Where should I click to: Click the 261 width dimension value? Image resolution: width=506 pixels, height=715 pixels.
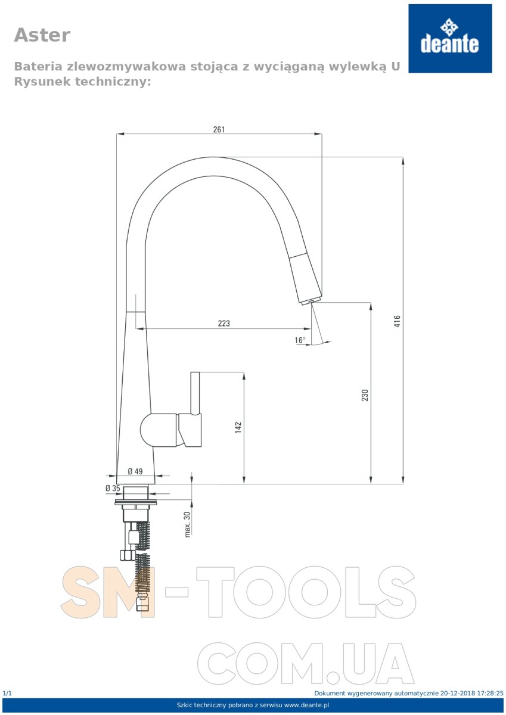coord(219,129)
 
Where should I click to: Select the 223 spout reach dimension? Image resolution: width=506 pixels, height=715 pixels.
coord(223,324)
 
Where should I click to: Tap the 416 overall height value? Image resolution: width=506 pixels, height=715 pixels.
coord(397,321)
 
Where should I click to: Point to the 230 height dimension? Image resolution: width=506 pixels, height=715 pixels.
coord(365,395)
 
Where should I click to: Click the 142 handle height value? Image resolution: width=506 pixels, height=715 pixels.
coord(238,427)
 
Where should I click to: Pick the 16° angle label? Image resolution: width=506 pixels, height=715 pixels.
coord(300,340)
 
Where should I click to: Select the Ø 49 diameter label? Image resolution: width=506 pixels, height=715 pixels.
coord(135,471)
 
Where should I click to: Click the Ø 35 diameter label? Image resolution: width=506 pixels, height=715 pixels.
coord(113,488)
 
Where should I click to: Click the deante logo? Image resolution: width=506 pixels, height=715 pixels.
coord(450,38)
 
